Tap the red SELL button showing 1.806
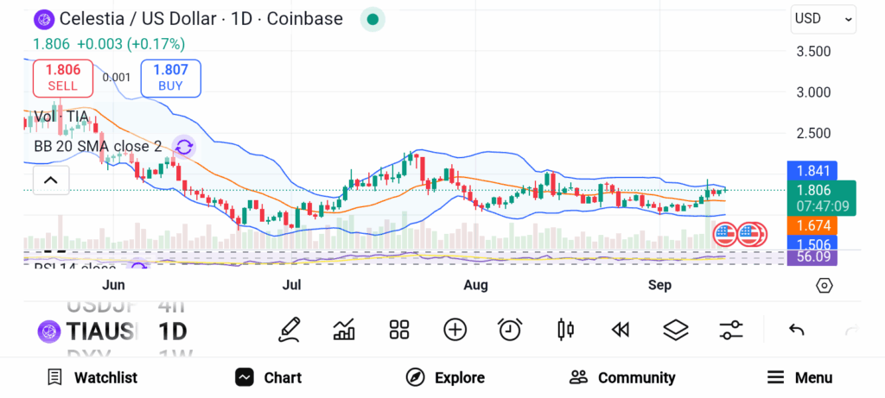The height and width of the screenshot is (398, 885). [x=62, y=78]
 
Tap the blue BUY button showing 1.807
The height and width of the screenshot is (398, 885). [x=170, y=78]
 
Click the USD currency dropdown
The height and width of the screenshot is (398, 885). [x=823, y=19]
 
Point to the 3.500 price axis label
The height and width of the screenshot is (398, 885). [x=812, y=51]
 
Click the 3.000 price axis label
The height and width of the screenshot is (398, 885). [x=812, y=92]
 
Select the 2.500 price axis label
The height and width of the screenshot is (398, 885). [x=812, y=133]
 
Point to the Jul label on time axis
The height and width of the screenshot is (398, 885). [x=291, y=285]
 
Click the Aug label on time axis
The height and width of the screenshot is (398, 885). [x=475, y=285]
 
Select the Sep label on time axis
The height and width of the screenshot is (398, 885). [x=660, y=285]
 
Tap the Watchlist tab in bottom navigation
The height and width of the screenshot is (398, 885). [x=92, y=377]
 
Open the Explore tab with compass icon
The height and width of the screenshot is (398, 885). [x=445, y=377]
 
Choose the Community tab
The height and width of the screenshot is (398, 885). [x=622, y=377]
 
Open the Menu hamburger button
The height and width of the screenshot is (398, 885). [x=799, y=377]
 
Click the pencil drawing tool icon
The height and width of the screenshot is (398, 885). [x=290, y=329]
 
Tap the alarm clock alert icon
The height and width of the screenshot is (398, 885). [x=510, y=329]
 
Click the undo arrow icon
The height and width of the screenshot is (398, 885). [x=797, y=329]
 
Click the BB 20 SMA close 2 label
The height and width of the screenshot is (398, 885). [x=98, y=146]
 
